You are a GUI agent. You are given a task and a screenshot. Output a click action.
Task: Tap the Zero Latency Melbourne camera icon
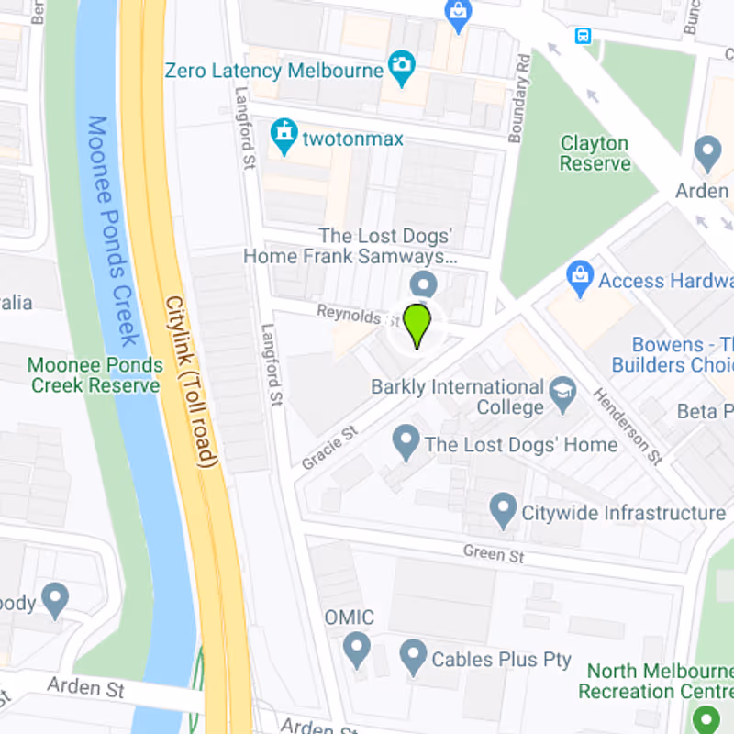401,65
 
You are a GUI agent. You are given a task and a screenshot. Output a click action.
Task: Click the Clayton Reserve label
595,153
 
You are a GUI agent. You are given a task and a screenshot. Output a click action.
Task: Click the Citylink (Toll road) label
192,382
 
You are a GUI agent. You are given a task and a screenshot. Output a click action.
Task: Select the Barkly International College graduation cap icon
562,394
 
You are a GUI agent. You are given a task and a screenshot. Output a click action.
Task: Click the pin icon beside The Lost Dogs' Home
406,444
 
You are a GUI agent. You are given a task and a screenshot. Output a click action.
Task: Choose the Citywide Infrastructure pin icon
502,510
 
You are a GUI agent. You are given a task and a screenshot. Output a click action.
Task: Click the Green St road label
493,554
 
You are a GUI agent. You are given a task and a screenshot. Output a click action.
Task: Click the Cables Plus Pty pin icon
413,657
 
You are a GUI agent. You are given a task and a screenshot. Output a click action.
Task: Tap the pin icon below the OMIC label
355,651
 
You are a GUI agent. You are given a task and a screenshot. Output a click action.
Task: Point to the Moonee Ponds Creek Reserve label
95,374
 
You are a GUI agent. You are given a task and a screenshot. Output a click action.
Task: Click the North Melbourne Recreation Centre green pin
706,717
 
